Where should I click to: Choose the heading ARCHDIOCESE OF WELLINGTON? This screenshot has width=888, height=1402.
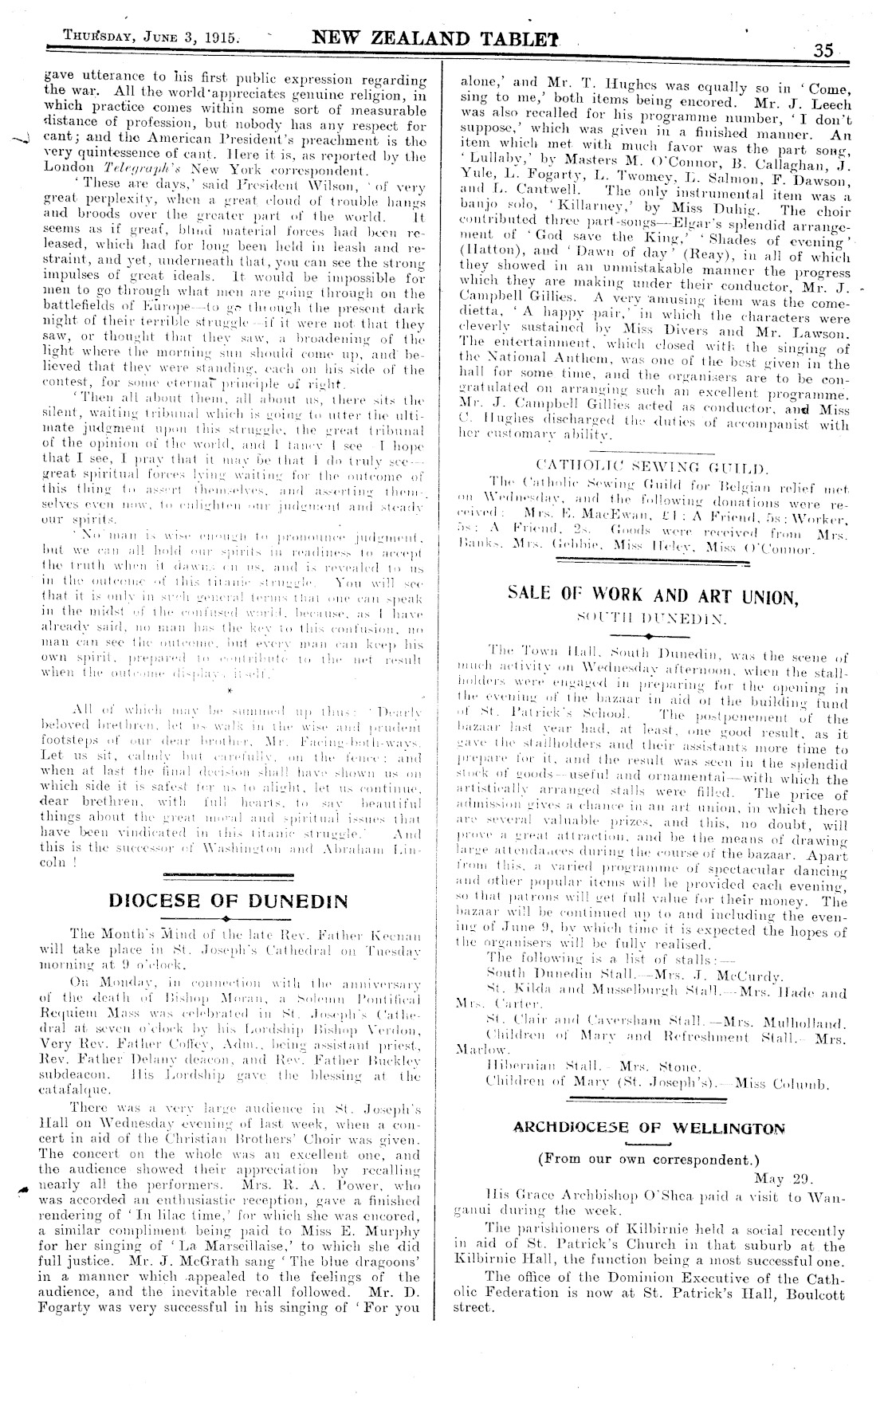(x=648, y=1128)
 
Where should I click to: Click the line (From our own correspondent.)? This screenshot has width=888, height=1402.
(x=648, y=1159)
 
